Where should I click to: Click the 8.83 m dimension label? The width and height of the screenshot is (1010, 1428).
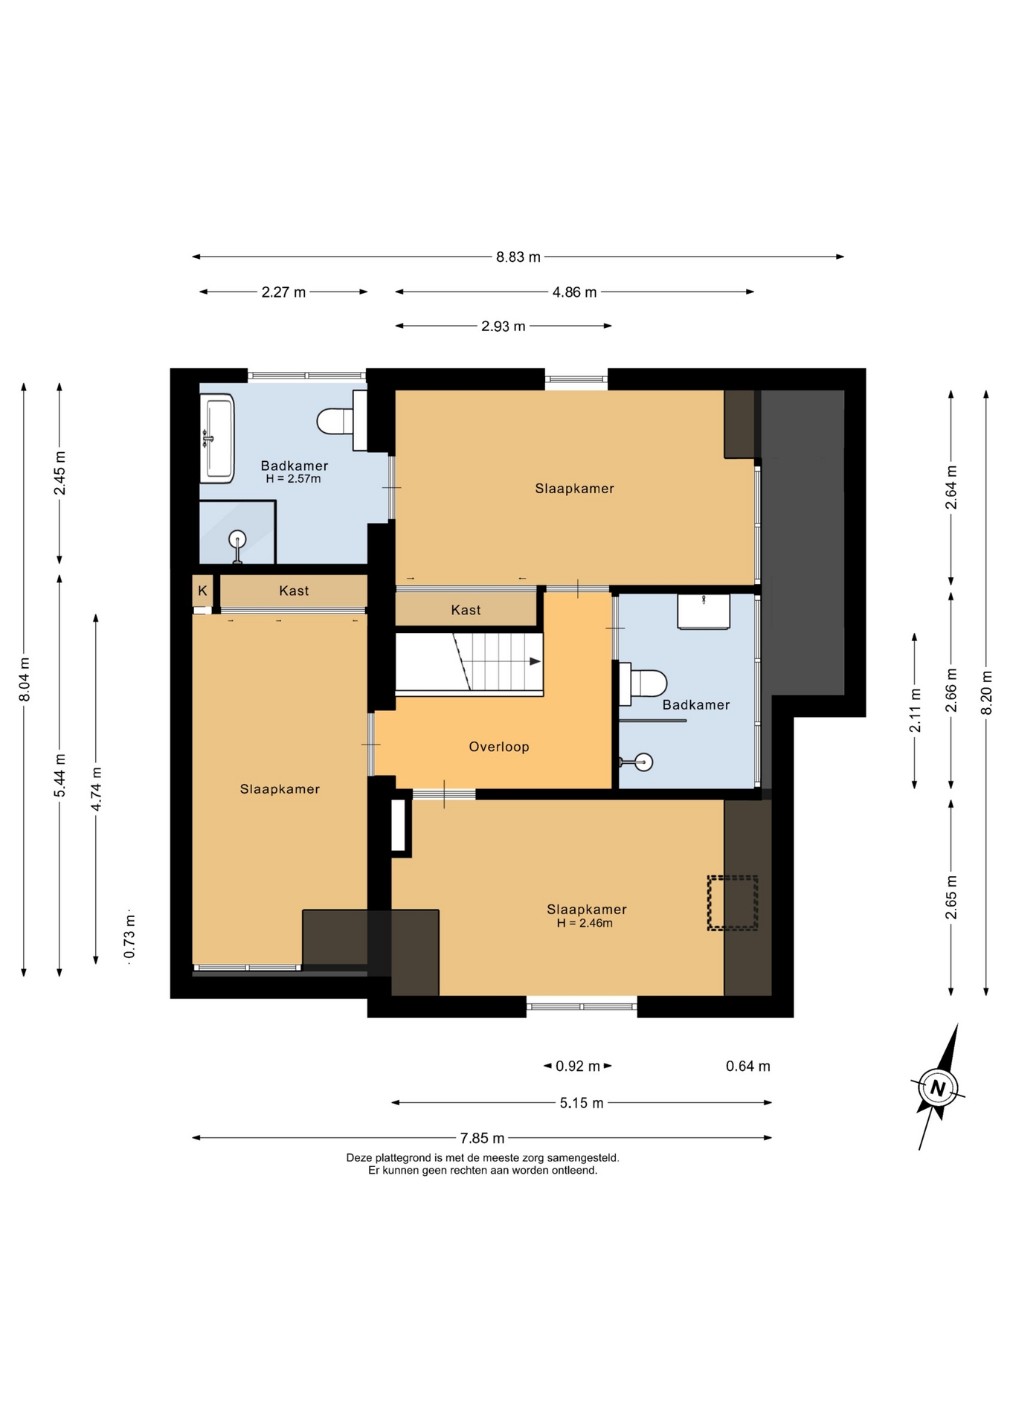click(x=518, y=257)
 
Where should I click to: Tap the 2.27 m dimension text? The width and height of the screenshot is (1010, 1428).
click(x=283, y=292)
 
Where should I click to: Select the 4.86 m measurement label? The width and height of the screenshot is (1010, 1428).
click(x=574, y=292)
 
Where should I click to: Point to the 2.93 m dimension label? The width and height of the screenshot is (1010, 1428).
click(x=504, y=327)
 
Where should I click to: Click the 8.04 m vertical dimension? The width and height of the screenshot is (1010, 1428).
click(x=25, y=679)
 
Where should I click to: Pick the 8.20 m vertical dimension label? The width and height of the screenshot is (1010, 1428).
click(x=986, y=692)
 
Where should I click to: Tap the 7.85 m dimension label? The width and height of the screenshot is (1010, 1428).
click(x=482, y=1138)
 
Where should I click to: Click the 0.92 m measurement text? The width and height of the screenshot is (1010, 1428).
click(x=578, y=1067)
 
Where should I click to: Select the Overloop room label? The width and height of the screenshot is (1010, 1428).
click(x=499, y=747)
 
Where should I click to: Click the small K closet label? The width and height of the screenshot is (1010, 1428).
click(x=202, y=591)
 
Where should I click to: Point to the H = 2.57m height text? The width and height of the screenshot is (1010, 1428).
click(x=293, y=479)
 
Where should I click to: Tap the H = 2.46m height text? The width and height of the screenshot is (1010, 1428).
click(x=585, y=923)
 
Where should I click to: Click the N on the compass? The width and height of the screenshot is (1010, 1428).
click(x=938, y=1089)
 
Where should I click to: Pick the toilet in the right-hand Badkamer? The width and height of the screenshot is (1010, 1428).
click(x=643, y=684)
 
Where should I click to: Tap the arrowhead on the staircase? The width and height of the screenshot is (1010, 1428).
click(x=535, y=661)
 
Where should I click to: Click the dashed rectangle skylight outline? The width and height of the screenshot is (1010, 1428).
click(x=733, y=903)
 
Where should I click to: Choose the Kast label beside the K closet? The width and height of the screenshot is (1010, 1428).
click(x=294, y=591)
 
